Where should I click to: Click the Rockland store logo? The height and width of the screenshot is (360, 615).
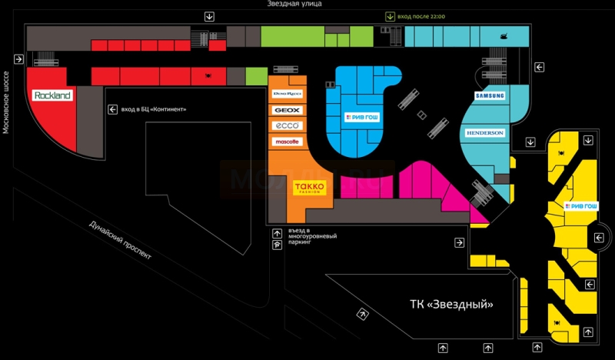52,96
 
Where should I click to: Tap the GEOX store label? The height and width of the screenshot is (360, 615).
287,111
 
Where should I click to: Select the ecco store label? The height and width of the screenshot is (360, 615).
287,126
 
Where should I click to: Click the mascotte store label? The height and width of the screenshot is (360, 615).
287,142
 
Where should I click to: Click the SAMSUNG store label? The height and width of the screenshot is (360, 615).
490,96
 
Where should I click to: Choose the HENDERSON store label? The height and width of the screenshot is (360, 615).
484,133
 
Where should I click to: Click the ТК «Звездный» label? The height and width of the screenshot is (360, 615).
447,303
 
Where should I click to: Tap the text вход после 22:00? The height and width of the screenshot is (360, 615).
421,16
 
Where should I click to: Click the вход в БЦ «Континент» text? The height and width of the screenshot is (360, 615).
154,109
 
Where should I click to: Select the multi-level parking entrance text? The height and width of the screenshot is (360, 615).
307,236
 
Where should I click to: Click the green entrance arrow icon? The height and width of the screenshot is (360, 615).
390,16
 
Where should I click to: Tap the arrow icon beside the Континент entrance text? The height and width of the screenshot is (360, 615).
112,109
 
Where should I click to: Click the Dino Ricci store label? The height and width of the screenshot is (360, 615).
287,94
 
